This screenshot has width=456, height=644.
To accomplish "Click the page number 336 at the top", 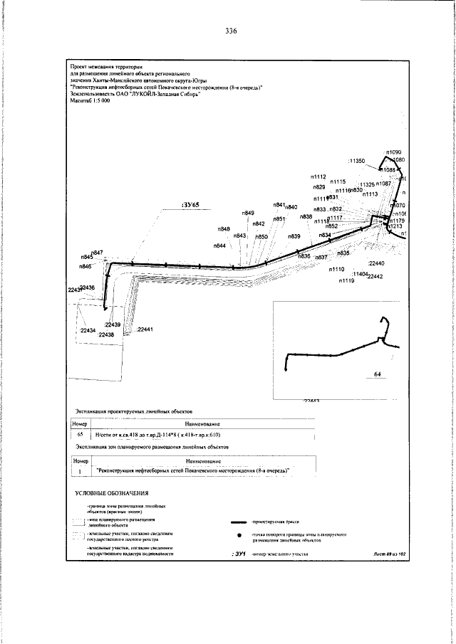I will (229, 31).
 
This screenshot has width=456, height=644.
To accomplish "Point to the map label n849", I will (248, 213).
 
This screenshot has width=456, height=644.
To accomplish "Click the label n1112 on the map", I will (318, 176).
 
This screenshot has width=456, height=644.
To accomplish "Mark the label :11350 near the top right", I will (357, 162).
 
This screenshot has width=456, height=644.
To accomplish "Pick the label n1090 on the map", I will (394, 152).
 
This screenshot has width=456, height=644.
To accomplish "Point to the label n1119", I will (347, 282).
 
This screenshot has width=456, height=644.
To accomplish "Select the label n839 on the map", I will (294, 236).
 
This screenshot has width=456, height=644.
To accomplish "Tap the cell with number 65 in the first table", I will (81, 433).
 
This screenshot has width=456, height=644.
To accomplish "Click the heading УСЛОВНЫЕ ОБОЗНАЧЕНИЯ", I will (111, 493).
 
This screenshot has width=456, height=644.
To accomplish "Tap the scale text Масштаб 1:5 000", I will (90, 101).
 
